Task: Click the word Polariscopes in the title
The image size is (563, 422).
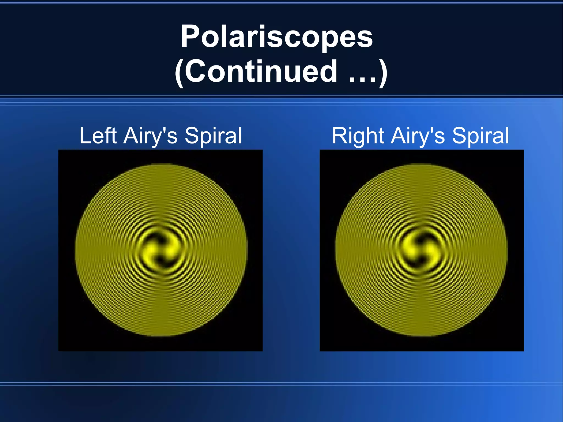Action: (277, 37)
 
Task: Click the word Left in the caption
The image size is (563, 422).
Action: (98, 136)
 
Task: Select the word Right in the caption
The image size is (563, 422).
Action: (358, 136)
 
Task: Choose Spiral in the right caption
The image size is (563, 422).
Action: (481, 136)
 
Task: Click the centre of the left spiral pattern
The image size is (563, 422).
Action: (161, 250)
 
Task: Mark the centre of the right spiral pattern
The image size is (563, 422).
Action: (421, 250)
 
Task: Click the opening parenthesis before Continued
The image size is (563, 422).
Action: (179, 73)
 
